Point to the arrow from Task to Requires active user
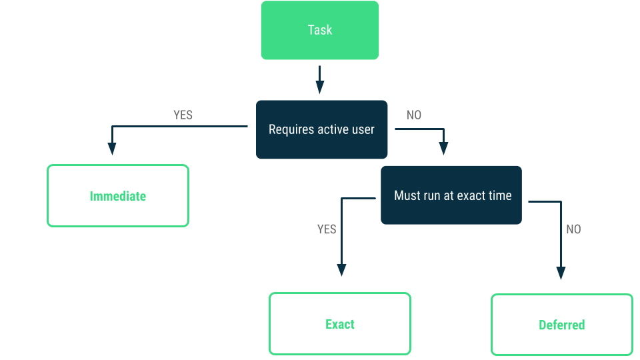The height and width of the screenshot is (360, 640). pyautogui.click(x=320, y=80)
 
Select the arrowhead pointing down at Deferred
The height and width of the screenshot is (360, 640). pyautogui.click(x=561, y=273)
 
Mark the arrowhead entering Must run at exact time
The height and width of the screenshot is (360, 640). pyautogui.click(x=443, y=148)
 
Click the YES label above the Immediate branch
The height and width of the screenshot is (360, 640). pyautogui.click(x=183, y=115)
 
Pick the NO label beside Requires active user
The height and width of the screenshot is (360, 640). pyautogui.click(x=413, y=115)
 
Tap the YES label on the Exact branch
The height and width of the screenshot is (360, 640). pyautogui.click(x=327, y=229)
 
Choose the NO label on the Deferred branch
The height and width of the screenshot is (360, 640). pyautogui.click(x=573, y=229)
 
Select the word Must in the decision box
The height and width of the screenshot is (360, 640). pyautogui.click(x=407, y=195)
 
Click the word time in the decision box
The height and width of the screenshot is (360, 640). pyautogui.click(x=499, y=195)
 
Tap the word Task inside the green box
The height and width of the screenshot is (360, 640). pyautogui.click(x=319, y=30)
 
